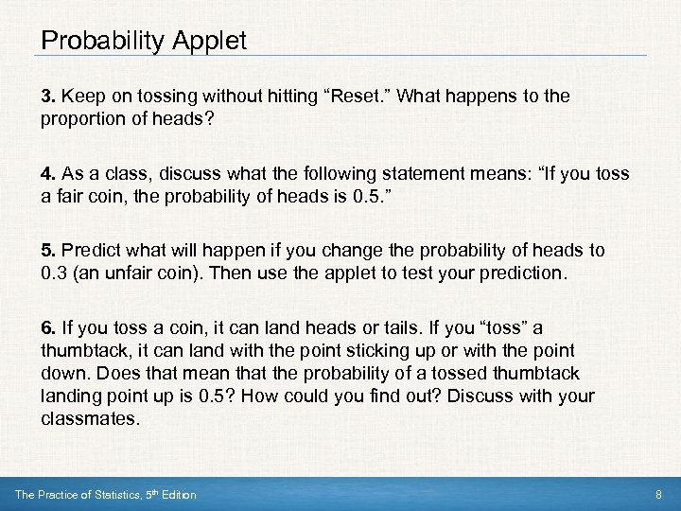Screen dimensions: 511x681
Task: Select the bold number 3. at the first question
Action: point(48,97)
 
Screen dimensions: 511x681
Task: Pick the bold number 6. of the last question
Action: point(48,328)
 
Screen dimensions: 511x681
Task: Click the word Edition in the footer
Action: point(177,494)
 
